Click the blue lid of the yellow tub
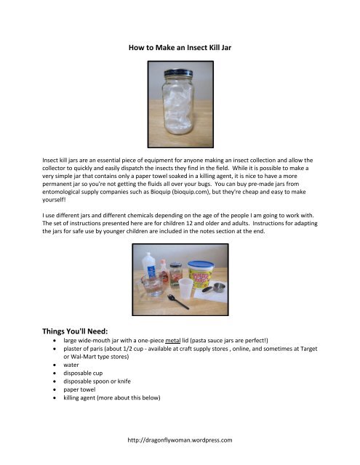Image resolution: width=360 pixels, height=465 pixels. click(204, 264)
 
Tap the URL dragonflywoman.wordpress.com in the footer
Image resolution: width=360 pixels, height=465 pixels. click(180, 440)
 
